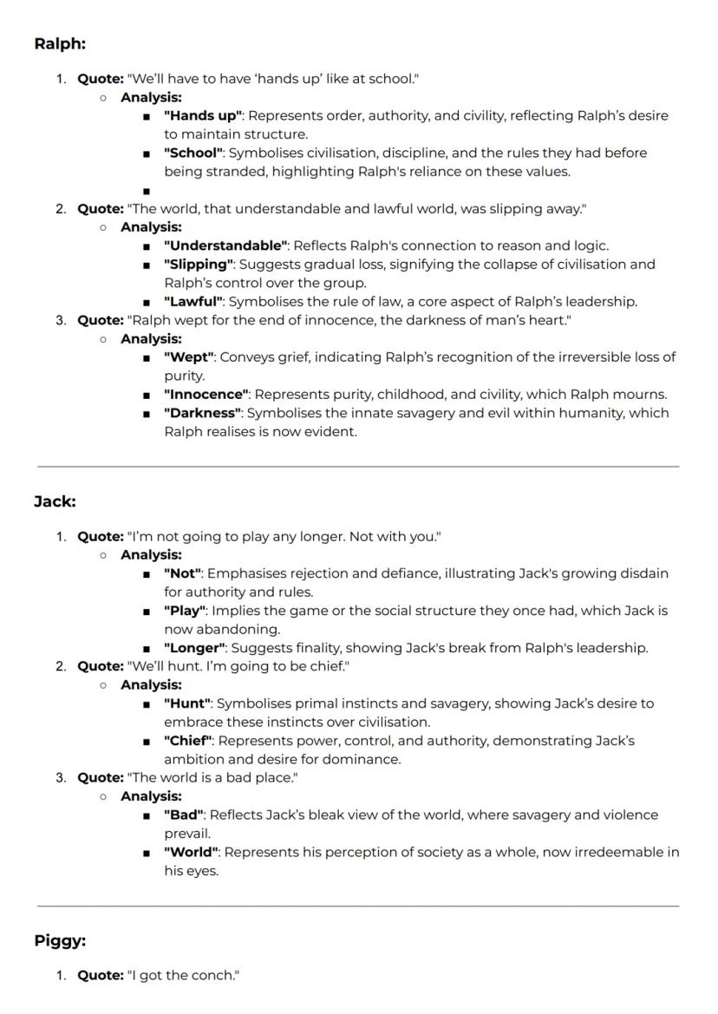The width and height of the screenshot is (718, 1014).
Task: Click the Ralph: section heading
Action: [x=60, y=43]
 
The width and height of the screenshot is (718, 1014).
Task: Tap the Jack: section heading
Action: [x=55, y=501]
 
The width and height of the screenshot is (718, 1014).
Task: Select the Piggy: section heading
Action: [x=60, y=940]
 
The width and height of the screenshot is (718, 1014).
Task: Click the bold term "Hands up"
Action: [x=203, y=115]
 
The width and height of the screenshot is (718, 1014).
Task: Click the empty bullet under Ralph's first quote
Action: [x=147, y=191]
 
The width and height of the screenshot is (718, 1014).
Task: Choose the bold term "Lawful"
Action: [x=193, y=302]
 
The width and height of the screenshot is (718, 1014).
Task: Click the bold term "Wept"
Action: [x=189, y=357]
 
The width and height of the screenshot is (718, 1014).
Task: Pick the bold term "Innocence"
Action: [x=206, y=395]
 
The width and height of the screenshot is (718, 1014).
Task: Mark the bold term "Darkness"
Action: [x=203, y=413]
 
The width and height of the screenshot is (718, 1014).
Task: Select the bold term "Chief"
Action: [x=188, y=741]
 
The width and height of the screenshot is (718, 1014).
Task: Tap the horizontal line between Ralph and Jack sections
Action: [x=358, y=467]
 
